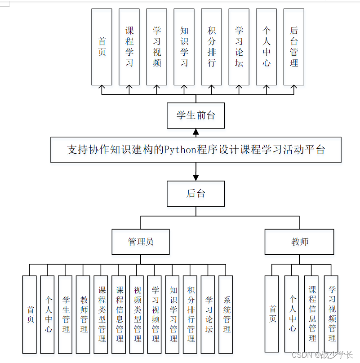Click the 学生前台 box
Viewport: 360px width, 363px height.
[x=196, y=115]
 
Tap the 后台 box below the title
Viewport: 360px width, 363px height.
[x=196, y=194]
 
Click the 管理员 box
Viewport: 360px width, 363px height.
[x=141, y=242]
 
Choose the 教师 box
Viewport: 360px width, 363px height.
[x=299, y=242]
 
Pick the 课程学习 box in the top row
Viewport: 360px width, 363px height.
[x=129, y=47]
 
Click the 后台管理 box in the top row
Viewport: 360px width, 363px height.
[x=293, y=47]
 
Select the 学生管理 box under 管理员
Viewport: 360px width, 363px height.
[x=66, y=314]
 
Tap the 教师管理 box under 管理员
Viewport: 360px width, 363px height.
[x=84, y=314]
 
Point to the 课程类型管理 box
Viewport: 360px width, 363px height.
[x=102, y=314]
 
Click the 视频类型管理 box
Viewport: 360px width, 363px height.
[x=137, y=314]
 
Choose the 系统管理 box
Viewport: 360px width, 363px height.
[x=226, y=314]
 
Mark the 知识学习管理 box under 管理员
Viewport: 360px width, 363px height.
[x=173, y=314]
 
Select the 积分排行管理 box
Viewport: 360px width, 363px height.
[x=191, y=314]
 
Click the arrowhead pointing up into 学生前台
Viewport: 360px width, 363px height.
[x=196, y=132]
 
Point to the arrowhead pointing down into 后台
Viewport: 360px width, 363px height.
[x=196, y=177]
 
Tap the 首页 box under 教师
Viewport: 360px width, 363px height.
[x=272, y=314]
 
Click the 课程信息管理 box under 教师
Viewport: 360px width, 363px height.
[x=311, y=314]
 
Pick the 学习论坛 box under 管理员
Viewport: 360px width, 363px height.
[x=208, y=314]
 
